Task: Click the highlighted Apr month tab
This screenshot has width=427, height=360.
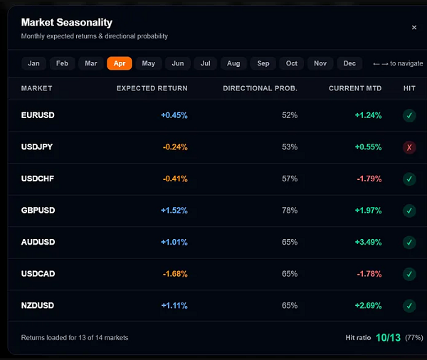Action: click(120, 63)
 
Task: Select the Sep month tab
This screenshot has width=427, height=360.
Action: click(263, 63)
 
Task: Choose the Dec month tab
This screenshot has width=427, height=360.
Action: click(349, 63)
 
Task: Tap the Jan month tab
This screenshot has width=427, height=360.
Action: click(33, 63)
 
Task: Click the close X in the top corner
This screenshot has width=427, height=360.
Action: click(414, 28)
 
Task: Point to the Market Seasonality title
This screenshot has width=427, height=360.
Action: click(67, 22)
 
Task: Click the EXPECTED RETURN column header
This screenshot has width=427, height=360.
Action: click(152, 88)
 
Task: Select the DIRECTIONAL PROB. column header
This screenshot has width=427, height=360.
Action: click(260, 88)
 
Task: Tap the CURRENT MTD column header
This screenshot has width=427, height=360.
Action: click(355, 88)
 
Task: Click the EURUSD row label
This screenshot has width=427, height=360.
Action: click(38, 115)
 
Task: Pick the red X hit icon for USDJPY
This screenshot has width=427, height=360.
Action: click(409, 147)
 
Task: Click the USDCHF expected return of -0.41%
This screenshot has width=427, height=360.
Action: click(175, 179)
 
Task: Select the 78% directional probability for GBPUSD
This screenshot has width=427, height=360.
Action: click(290, 211)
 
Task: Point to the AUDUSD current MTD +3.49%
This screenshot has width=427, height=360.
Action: click(368, 242)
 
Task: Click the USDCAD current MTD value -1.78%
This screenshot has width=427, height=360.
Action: click(369, 274)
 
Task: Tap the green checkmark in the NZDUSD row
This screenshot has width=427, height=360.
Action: click(409, 306)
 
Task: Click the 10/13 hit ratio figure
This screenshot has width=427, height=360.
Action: click(388, 338)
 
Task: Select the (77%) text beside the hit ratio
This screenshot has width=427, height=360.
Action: click(414, 338)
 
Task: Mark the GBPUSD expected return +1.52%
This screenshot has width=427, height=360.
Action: click(174, 211)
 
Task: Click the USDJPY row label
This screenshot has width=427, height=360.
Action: click(37, 147)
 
